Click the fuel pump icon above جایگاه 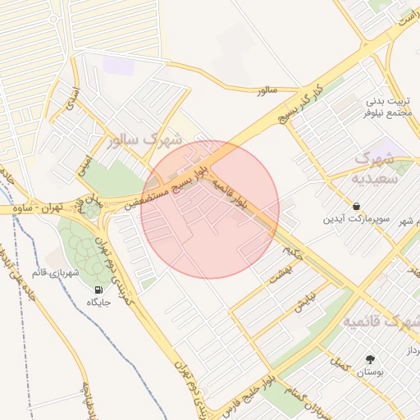99,289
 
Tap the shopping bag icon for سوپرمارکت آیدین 357,206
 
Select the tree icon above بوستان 371,358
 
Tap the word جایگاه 99,304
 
